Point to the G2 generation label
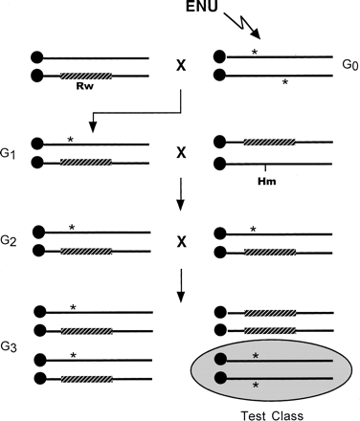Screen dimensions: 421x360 [11, 240]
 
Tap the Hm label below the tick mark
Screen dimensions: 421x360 [267, 179]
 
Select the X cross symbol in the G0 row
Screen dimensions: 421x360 [180, 66]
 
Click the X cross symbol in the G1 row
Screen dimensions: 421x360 [180, 152]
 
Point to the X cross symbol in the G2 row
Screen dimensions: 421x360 [180, 240]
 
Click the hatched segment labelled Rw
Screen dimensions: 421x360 [84, 75]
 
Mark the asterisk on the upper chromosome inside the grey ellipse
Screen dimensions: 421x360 [256, 355]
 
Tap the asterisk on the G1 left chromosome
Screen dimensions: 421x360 [71, 139]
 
